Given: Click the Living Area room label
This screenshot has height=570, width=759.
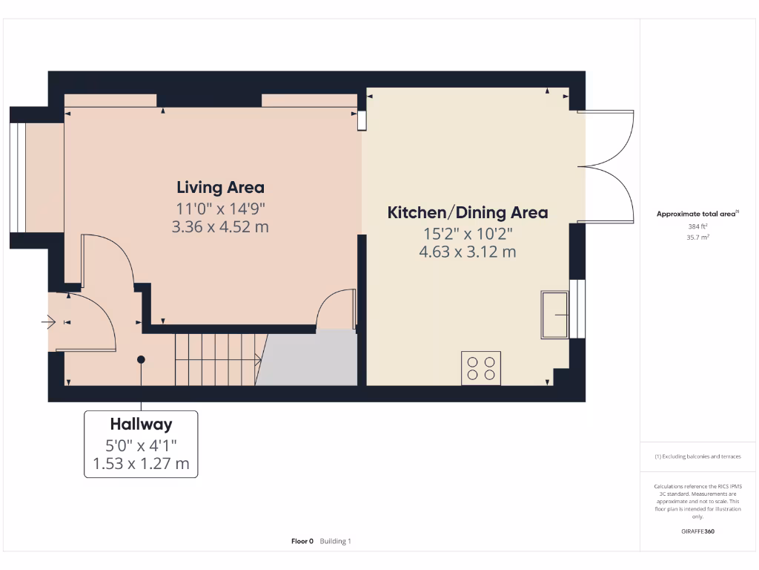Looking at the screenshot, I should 220,188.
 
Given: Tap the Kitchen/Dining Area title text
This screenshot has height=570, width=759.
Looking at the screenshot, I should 468,212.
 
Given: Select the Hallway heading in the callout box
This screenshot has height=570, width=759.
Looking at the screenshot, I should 141,425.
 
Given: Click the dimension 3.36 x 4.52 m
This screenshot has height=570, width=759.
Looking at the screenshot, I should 220,227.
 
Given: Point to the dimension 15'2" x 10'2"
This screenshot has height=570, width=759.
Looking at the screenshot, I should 468,233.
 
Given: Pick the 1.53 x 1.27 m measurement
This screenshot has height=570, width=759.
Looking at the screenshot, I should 141,465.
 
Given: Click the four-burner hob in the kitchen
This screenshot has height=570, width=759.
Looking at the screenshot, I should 481,368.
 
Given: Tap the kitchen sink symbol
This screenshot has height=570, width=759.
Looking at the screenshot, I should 554,314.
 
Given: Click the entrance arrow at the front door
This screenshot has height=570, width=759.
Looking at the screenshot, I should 50,322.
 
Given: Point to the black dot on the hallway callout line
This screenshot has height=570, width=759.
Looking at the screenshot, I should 141,360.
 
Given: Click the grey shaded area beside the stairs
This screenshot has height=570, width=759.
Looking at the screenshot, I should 308,358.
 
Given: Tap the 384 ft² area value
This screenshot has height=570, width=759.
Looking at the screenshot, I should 698,226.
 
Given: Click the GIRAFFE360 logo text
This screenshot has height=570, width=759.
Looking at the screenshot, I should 697,531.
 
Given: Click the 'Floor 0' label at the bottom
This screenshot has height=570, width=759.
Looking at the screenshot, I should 302,541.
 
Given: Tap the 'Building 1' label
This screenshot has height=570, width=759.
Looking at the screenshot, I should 336,541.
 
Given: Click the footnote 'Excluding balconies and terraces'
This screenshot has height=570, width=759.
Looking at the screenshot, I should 697,456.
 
